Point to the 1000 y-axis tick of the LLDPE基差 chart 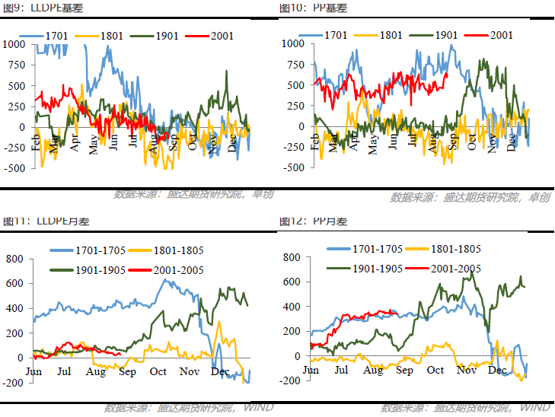[x=14, y=44]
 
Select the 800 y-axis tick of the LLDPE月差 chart [x=16, y=259]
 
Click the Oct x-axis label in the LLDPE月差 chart [x=158, y=371]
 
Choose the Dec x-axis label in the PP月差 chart [x=497, y=371]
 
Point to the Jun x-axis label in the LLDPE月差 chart [x=33, y=371]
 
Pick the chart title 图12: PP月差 [x=314, y=221]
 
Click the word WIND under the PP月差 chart [x=535, y=408]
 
